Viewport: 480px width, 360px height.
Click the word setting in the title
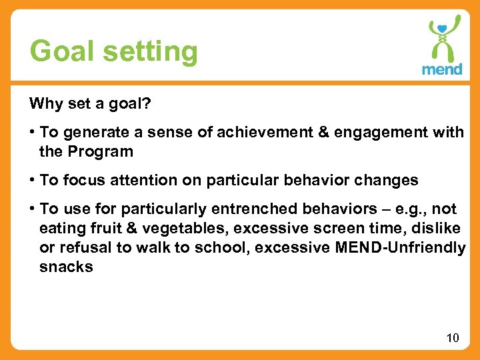coord(149,51)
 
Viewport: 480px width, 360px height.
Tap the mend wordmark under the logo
coord(442,69)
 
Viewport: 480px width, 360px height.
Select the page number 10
coord(453,338)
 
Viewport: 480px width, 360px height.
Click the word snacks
coord(65,267)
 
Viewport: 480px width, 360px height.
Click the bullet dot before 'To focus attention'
coord(33,180)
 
